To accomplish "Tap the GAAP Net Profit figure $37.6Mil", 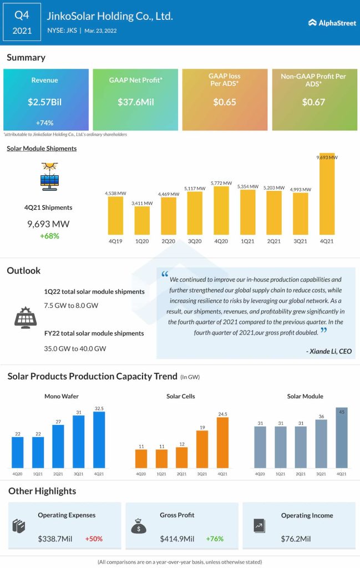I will (x=135, y=102).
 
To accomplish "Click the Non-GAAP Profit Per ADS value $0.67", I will (x=313, y=102).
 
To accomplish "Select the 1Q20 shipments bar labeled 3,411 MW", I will (x=142, y=220).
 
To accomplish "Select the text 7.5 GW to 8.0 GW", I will (x=70, y=305).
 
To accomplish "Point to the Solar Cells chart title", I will (x=180, y=396).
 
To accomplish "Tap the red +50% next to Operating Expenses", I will (x=94, y=539).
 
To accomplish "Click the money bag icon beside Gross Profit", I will (x=138, y=525).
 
